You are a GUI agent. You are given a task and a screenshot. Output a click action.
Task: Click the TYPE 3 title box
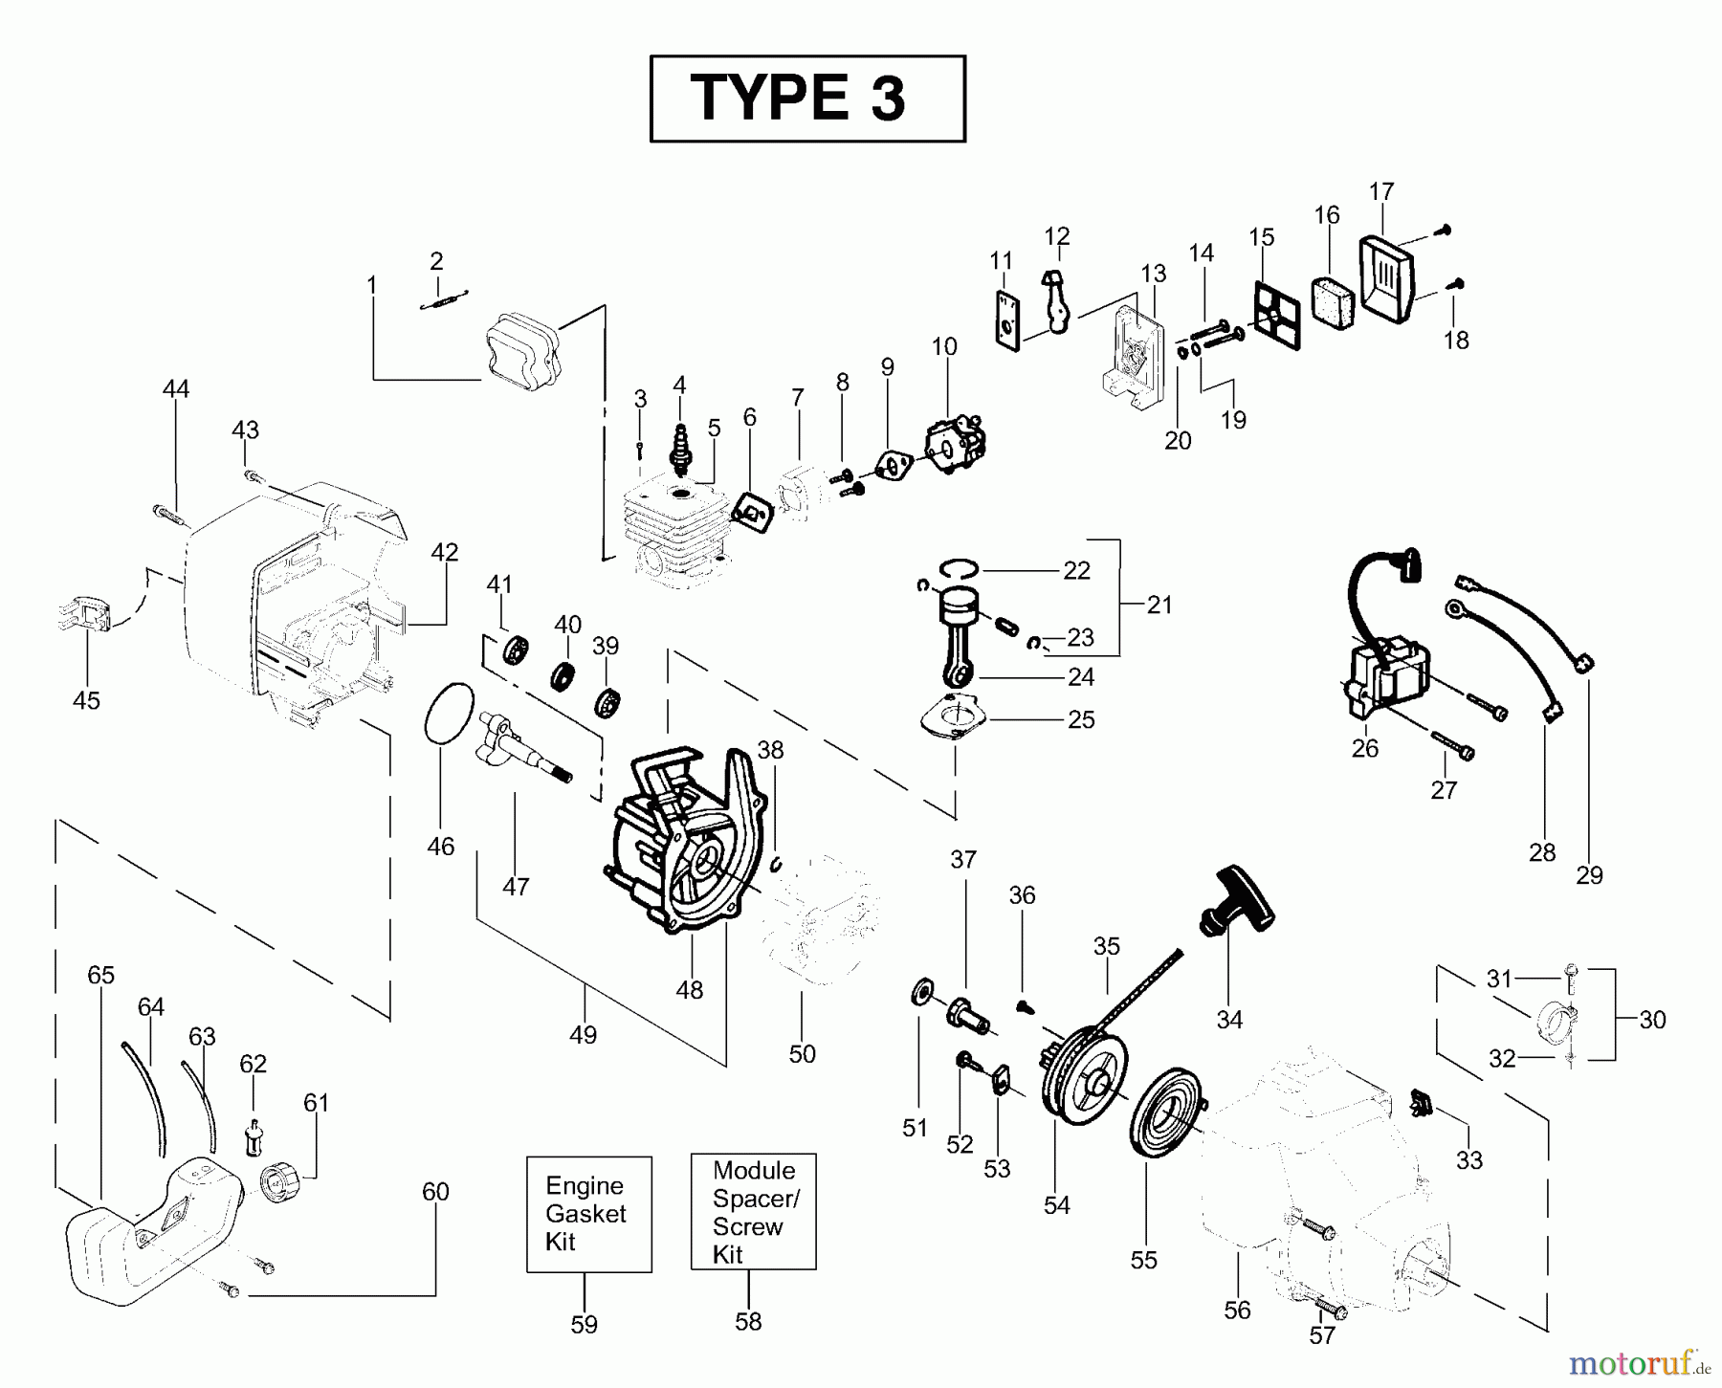tap(806, 99)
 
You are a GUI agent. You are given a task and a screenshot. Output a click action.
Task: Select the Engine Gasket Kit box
tap(588, 1213)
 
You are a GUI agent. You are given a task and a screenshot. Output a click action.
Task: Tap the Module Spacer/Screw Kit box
tap(753, 1211)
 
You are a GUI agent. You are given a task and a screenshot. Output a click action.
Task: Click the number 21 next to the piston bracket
tap(1159, 605)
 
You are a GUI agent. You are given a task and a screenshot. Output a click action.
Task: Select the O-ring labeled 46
tap(449, 713)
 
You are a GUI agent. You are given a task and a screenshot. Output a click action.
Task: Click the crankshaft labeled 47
tap(517, 746)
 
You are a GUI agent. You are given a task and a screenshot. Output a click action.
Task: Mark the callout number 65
tap(100, 975)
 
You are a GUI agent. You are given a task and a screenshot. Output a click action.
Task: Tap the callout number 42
tap(444, 553)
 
